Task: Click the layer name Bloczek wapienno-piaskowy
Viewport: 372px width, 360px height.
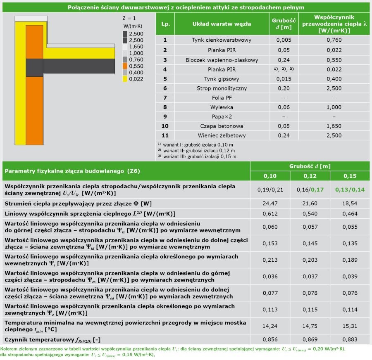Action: (222, 60)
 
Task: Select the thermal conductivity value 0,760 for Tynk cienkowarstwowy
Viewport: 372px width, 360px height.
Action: (334, 40)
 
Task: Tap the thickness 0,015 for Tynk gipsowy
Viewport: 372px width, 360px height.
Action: (284, 79)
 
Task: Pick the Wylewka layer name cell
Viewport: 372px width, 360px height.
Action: (222, 107)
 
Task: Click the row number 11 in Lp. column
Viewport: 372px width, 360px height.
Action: (165, 135)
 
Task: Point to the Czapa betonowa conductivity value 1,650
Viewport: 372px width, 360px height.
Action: (334, 126)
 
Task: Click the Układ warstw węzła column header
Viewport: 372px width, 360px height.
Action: (222, 24)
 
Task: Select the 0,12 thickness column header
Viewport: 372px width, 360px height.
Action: (310, 176)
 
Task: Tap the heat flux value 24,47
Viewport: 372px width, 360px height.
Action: (270, 204)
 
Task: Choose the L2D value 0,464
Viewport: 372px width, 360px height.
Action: (350, 213)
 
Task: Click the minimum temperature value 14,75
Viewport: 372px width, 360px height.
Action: (310, 326)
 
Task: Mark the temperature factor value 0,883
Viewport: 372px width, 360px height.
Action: (350, 339)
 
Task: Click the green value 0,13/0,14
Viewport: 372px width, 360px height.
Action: (350, 189)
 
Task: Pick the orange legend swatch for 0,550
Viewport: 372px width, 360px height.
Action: (125, 66)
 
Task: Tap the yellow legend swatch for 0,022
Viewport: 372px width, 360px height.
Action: (125, 79)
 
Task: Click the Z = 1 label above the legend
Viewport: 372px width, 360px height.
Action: (129, 18)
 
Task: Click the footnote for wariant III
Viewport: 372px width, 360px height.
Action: (197, 156)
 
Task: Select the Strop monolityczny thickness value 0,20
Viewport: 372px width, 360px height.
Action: (284, 88)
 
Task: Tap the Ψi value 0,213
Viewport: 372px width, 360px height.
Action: (270, 260)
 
